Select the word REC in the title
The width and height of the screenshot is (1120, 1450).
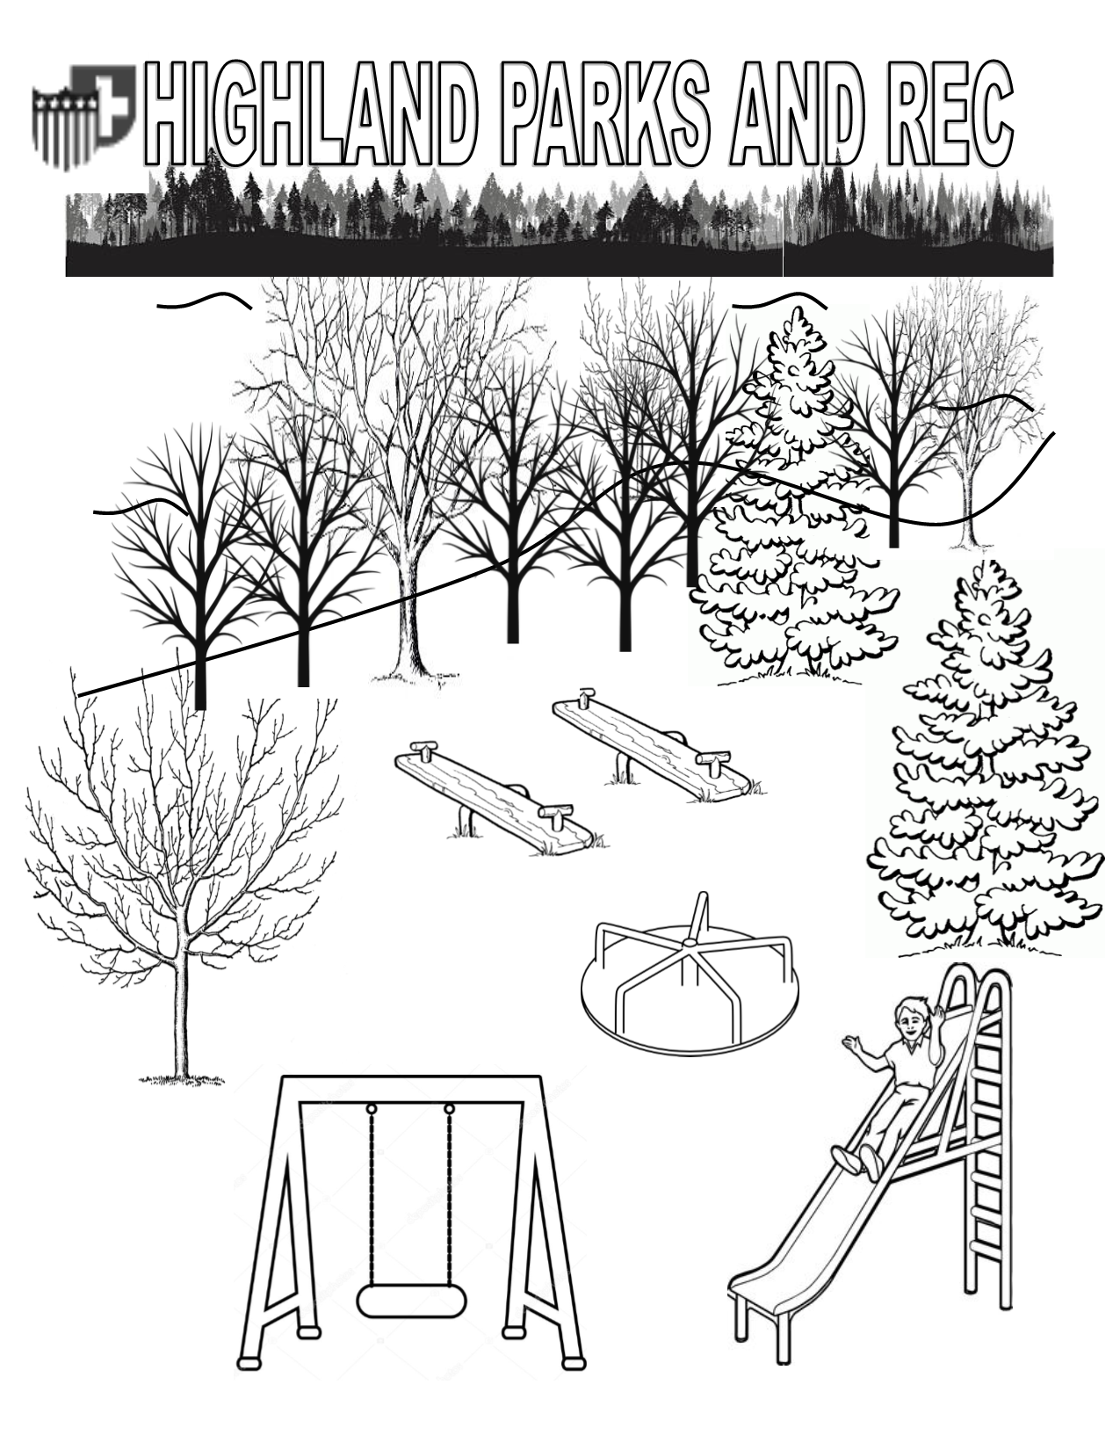tap(950, 112)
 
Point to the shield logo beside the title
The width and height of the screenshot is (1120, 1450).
tap(84, 116)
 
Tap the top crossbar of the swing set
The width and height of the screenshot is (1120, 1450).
tap(412, 1087)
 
